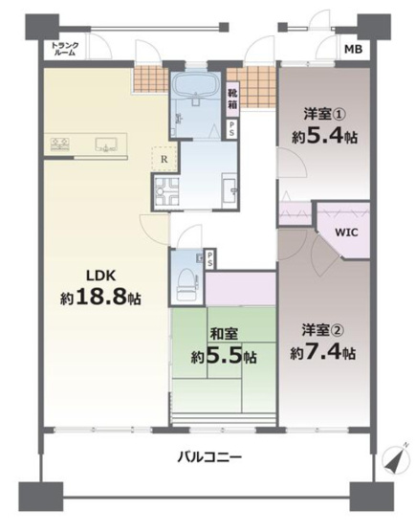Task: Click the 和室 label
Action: click(x=223, y=335)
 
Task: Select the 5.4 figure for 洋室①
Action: click(x=332, y=135)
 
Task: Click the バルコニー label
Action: click(x=208, y=456)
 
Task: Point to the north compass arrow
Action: click(x=393, y=462)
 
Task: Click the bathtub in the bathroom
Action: click(x=197, y=96)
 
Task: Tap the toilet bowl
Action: click(x=186, y=281)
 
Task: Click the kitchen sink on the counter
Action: click(x=105, y=145)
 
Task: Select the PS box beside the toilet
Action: click(x=207, y=256)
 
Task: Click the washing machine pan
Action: click(x=164, y=192)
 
